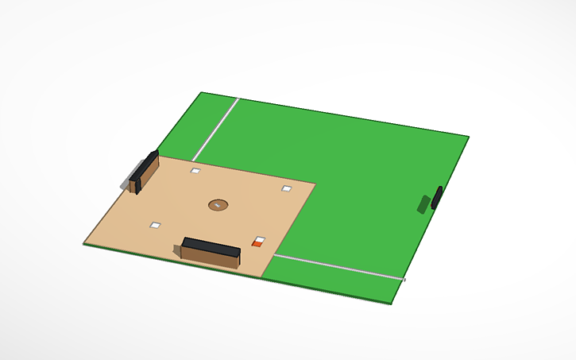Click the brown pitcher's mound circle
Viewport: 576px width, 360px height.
pos(218,205)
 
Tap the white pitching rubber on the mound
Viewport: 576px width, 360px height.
pos(218,203)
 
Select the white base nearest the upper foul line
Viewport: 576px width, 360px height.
pos(195,170)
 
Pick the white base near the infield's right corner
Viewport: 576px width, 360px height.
pos(287,188)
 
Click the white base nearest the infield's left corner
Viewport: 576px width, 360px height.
pos(155,225)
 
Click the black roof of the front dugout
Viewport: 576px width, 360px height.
pos(211,242)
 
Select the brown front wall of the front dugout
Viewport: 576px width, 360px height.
pos(209,256)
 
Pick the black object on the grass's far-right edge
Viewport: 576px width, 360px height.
pos(436,196)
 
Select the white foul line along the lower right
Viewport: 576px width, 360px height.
pos(338,267)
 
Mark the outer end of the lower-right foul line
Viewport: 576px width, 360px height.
pos(402,279)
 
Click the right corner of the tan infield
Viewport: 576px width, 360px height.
pos(315,184)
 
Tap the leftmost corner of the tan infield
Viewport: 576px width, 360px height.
pos(84,242)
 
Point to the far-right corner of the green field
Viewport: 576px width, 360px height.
pos(470,136)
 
